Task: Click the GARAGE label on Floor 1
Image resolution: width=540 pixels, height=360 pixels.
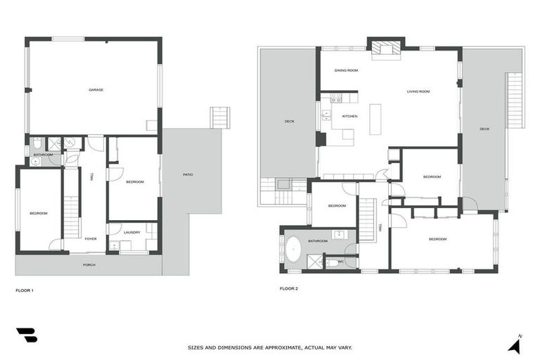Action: coord(96,89)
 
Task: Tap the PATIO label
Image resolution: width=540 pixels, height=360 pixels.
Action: coord(188,174)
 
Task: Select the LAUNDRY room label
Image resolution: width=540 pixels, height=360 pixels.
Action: coord(131,232)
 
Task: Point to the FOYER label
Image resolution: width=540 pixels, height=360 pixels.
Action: coord(91,238)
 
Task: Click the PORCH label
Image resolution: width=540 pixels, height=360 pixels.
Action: coord(89,265)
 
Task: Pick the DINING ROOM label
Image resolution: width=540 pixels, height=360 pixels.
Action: coord(346,70)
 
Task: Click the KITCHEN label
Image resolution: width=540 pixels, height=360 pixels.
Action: coord(349,116)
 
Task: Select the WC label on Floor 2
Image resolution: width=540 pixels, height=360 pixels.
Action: coord(341,262)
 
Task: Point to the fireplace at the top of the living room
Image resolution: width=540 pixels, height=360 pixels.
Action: coord(385,49)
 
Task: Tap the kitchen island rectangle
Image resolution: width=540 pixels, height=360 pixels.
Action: coord(375,119)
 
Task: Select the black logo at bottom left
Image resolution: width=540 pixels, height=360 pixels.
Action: coord(27,335)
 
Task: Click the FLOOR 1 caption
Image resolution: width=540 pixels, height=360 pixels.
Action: coord(25,290)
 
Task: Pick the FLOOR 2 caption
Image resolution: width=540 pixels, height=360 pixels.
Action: coord(289,288)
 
